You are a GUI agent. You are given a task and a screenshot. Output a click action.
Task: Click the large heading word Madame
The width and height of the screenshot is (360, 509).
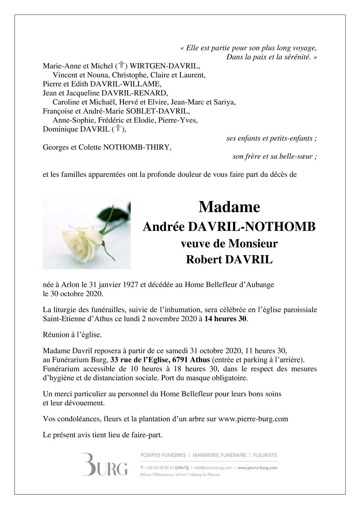coord(229,207)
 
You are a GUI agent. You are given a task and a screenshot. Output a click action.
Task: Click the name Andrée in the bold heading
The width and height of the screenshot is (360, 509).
coord(164,227)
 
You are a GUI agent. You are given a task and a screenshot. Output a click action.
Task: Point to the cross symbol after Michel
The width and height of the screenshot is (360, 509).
coord(121,65)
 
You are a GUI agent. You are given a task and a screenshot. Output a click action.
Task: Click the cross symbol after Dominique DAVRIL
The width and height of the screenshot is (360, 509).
coord(119,129)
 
